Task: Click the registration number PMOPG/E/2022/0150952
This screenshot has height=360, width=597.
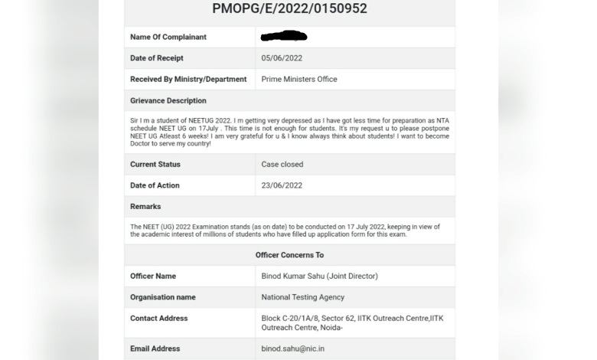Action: click(289, 9)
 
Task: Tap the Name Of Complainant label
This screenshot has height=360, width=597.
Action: click(168, 37)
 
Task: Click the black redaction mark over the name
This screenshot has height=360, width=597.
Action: click(284, 36)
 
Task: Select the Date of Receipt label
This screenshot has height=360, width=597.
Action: click(156, 58)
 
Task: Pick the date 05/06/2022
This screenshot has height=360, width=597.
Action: click(281, 58)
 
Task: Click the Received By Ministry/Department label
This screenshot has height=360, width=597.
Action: click(188, 79)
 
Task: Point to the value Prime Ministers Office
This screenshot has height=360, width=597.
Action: click(299, 79)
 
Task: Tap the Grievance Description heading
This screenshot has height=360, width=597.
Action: click(168, 100)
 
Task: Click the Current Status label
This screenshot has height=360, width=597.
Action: click(155, 164)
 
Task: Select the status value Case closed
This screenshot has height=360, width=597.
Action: click(282, 164)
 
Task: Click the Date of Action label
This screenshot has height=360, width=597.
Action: click(155, 185)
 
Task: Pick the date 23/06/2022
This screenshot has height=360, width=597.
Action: click(282, 185)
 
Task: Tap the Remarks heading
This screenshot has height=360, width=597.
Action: click(145, 207)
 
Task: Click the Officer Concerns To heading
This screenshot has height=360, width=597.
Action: click(289, 255)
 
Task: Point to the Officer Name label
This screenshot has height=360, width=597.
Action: click(153, 276)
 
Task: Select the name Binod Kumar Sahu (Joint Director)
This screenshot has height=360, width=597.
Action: click(319, 276)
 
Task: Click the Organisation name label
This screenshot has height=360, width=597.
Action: click(163, 297)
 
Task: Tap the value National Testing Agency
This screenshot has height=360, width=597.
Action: click(303, 297)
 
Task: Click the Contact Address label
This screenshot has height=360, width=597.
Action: click(158, 318)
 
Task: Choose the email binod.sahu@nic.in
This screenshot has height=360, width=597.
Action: click(294, 349)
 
